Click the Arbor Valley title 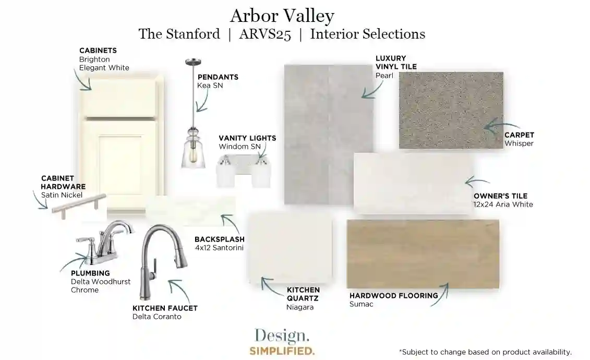coord(282,16)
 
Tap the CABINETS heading coord(98,51)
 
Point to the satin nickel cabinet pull coord(79,205)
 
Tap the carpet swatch coord(451,110)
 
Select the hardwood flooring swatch coord(423,254)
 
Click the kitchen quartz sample coord(290,248)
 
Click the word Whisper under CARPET coord(519,143)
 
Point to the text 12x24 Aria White coord(503,205)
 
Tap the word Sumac coord(361,304)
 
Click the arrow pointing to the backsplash coord(231,223)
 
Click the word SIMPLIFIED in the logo coord(282,351)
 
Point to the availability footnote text coord(485,352)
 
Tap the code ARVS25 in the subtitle coord(265,34)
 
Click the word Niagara coord(300,307)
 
